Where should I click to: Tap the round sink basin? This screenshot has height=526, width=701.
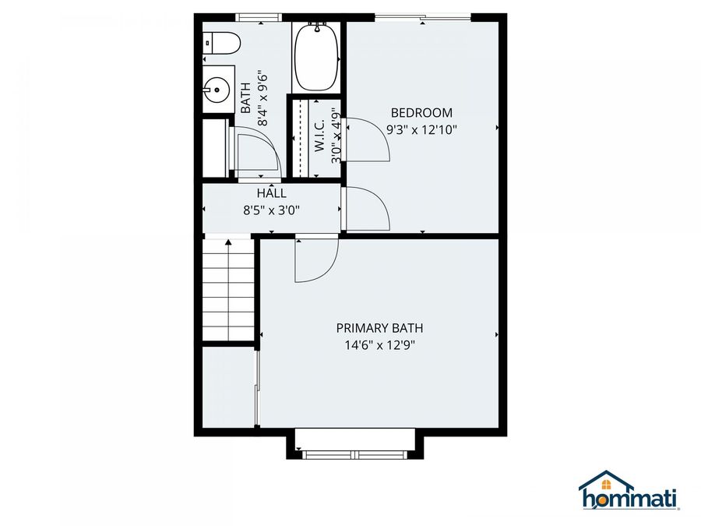pos(217,90)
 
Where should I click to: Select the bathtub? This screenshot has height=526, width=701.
pos(315,57)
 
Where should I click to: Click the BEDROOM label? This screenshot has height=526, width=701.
pos(421,113)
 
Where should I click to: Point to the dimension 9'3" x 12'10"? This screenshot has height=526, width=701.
pos(421,129)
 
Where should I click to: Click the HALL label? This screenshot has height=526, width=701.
pos(271,193)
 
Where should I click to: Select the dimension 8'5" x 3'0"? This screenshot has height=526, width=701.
pos(271,210)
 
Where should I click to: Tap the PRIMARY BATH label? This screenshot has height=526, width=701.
pos(379,328)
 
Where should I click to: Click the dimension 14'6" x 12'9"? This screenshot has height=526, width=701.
pos(379,345)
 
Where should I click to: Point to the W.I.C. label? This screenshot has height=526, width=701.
pos(319,135)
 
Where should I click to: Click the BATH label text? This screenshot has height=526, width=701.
pos(245,97)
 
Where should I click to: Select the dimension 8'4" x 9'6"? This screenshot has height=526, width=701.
pos(262,97)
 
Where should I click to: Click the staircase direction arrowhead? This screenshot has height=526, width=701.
pos(228,242)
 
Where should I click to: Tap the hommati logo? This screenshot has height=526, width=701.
pos(629,490)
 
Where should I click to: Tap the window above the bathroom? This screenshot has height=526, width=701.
pos(259,17)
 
